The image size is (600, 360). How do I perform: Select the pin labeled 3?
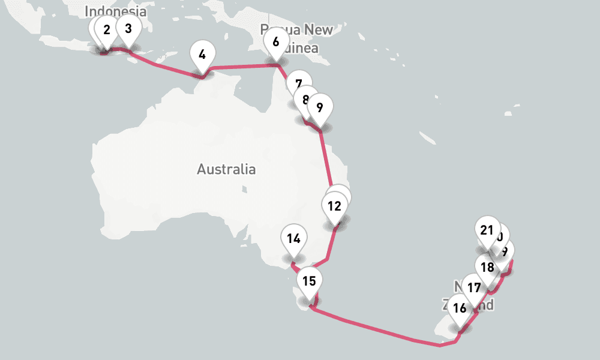tap(128, 28)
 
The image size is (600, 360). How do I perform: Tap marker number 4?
tap(202, 55)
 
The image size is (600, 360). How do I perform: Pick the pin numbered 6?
tap(275, 43)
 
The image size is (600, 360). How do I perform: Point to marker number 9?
tap(319, 107)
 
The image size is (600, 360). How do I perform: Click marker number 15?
tap(309, 280)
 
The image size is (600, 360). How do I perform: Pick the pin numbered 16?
tap(460, 308)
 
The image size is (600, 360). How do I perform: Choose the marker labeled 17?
tap(474, 288)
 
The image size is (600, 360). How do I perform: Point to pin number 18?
tap(487, 268)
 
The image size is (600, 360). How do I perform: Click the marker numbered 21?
tap(487, 230)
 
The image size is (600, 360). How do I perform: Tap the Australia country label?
tap(226, 169)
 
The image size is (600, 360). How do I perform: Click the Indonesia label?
tap(115, 11)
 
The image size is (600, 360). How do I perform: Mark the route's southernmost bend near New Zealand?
tap(440, 345)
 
